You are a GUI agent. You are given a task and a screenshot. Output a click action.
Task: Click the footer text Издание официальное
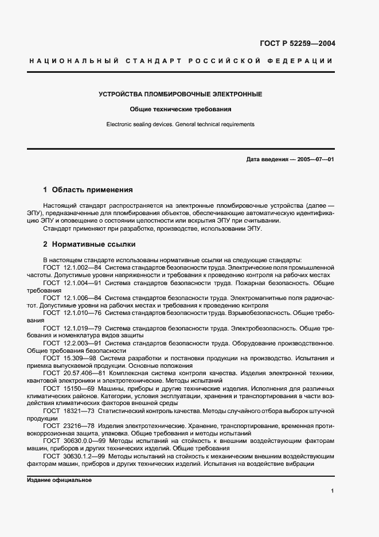pyautogui.click(x=59, y=480)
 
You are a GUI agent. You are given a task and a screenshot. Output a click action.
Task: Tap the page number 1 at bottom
pyautogui.click(x=332, y=491)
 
